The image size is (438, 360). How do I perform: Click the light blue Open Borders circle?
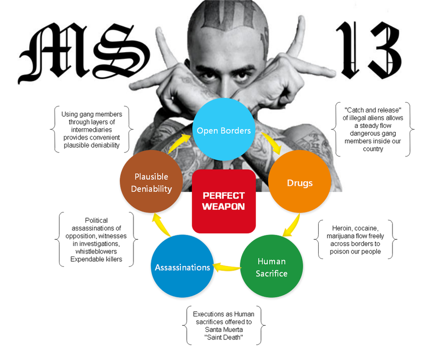coord(224,130)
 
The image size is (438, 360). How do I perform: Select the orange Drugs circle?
coord(300,183)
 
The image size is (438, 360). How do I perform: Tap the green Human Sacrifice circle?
coord(271,267)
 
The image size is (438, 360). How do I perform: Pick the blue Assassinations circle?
coord(182,267)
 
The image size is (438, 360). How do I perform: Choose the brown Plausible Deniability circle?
coord(151,182)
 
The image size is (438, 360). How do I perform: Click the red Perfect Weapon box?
coord(224,201)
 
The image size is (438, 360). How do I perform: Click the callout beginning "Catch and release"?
coord(373,130)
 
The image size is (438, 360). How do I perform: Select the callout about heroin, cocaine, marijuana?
coord(355,239)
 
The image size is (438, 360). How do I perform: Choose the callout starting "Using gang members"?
coord(91,130)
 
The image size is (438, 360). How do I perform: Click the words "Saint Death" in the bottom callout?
coord(224,337)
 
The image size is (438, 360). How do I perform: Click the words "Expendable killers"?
coord(96,259)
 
